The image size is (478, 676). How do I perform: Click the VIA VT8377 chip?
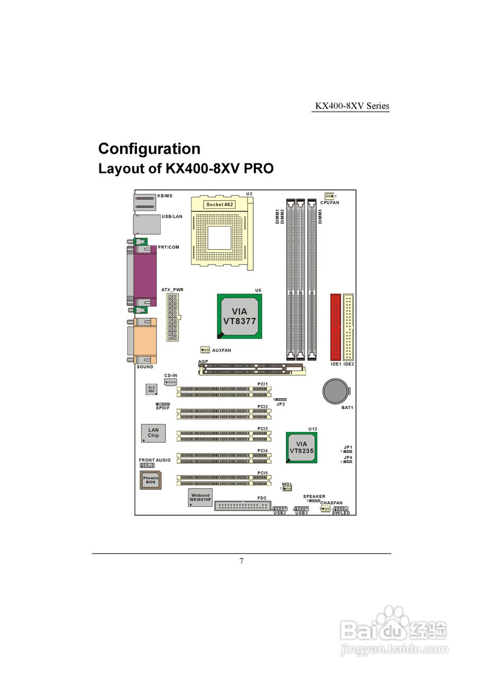240,316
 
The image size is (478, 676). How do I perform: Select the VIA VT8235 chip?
301,447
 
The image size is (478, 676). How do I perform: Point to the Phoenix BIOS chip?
151,480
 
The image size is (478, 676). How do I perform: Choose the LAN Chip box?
153,433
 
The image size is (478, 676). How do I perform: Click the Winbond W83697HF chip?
200,497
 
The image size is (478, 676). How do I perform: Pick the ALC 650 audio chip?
152,389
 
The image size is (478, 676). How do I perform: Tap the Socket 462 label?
219,204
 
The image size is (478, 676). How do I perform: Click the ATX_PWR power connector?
172,317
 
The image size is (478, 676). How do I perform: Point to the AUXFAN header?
205,350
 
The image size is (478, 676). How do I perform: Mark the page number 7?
242,561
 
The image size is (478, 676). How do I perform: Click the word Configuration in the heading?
149,148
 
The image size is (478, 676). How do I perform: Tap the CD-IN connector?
170,381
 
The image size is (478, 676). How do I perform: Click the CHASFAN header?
325,509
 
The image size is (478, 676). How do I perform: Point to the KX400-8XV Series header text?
352,106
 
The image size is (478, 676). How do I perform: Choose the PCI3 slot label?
263,428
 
